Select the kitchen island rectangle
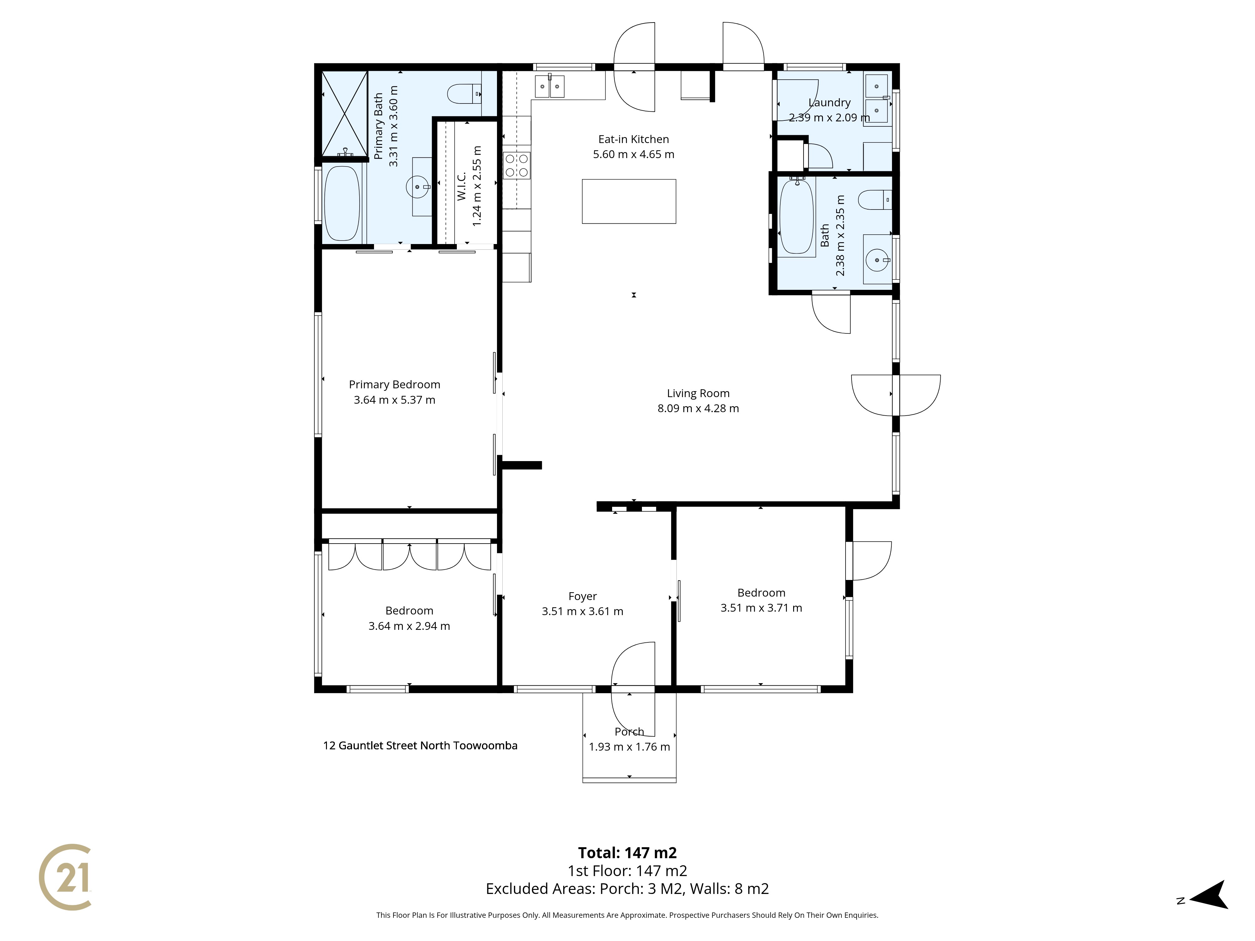click(629, 201)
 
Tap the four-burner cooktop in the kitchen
click(516, 166)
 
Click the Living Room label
click(698, 393)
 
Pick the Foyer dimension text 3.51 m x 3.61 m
click(583, 611)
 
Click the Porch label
click(629, 732)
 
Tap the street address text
click(420, 745)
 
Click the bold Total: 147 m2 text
click(627, 853)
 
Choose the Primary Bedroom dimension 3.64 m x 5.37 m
click(394, 400)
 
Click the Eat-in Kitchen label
click(634, 139)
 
